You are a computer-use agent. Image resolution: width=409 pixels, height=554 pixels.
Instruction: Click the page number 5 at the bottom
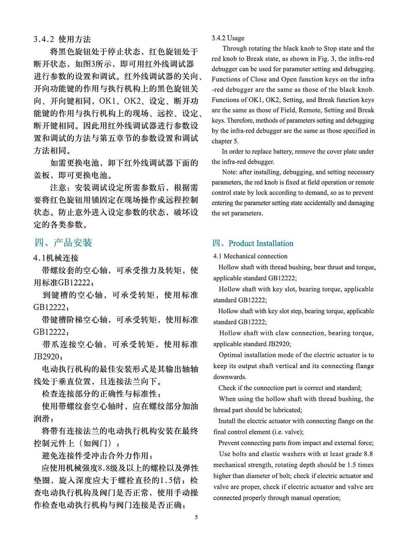196,517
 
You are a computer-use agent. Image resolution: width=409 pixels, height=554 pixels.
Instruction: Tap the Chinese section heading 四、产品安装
63,243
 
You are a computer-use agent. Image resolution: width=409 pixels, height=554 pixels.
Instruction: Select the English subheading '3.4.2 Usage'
228,38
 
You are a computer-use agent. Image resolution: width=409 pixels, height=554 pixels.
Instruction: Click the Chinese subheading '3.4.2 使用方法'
62,39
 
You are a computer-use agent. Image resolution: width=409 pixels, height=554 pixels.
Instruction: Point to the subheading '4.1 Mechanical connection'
250,256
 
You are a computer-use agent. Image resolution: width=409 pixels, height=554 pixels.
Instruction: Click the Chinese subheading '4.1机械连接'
56,258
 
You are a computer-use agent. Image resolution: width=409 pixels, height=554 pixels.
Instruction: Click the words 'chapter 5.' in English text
225,141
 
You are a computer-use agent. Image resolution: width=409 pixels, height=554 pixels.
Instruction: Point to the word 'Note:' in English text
230,172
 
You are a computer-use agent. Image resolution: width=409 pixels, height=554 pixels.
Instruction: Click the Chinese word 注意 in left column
58,188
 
